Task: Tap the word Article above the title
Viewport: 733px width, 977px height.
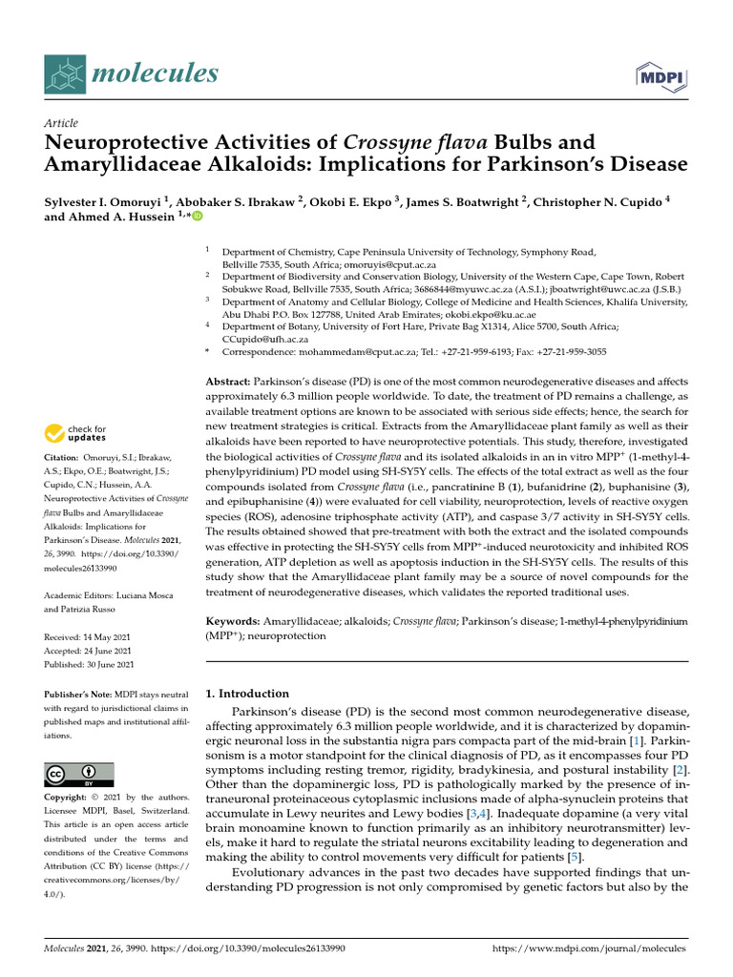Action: tap(61, 123)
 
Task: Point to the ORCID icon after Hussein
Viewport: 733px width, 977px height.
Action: tap(198, 218)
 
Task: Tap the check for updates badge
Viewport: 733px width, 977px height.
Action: tap(76, 435)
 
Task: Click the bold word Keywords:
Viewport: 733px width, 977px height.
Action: tap(234, 620)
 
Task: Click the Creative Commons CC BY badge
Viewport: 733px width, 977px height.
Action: tap(79, 774)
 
